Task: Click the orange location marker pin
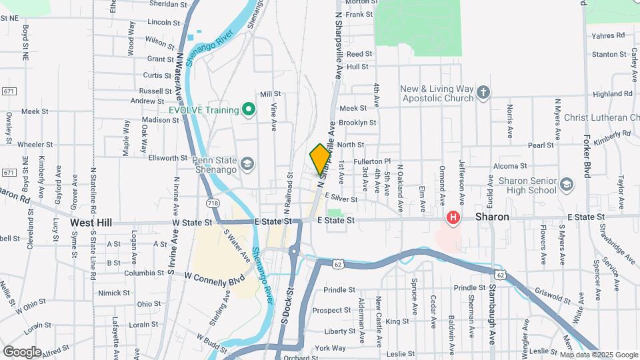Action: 320,159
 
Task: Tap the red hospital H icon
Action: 453,217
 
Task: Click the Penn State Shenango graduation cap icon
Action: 247,164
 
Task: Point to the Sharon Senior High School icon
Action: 567,184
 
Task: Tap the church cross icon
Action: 483,93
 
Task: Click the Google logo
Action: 22,351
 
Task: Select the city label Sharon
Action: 493,217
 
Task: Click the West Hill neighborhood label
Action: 91,222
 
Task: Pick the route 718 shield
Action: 213,203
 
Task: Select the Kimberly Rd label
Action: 612,137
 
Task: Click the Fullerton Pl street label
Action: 373,162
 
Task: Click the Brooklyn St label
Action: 358,123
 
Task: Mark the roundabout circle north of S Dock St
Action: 293,252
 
